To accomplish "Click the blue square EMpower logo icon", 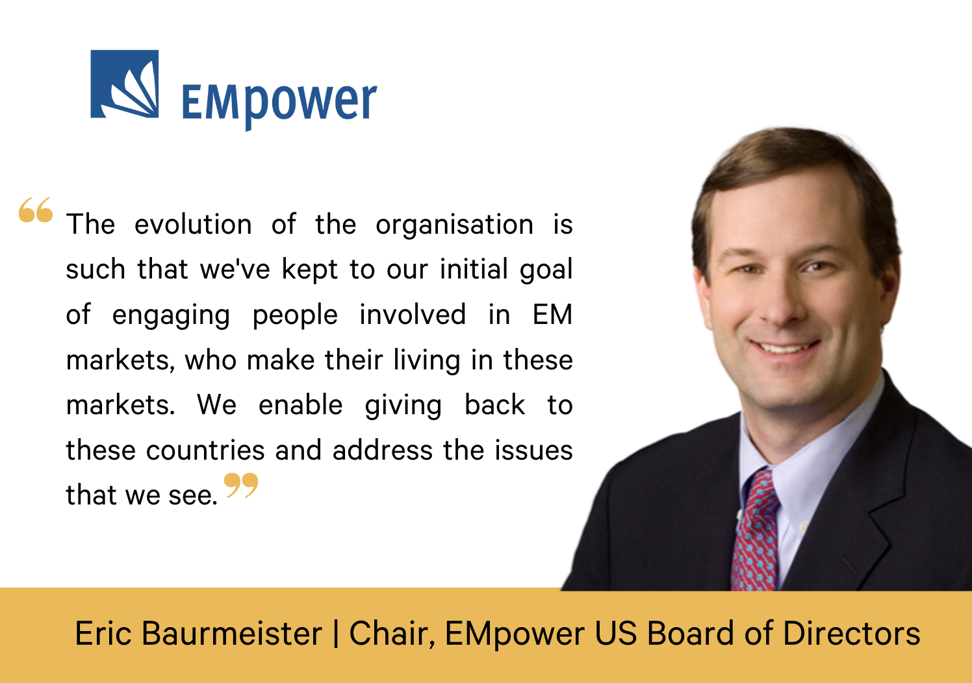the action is coord(125,84).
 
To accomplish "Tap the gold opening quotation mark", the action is coord(36,210).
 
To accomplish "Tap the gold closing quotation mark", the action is coord(241,485).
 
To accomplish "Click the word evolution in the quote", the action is coord(193,224).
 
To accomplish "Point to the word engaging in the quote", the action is coord(171,316).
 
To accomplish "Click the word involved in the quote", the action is coord(413,314).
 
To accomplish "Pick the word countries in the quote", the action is coord(205,450).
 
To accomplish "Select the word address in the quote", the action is coord(383,450).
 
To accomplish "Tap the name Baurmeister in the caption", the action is coord(232,634).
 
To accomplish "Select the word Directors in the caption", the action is coord(851,634).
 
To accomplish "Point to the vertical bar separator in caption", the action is coord(336,634).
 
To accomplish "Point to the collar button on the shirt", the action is coord(804,527).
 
